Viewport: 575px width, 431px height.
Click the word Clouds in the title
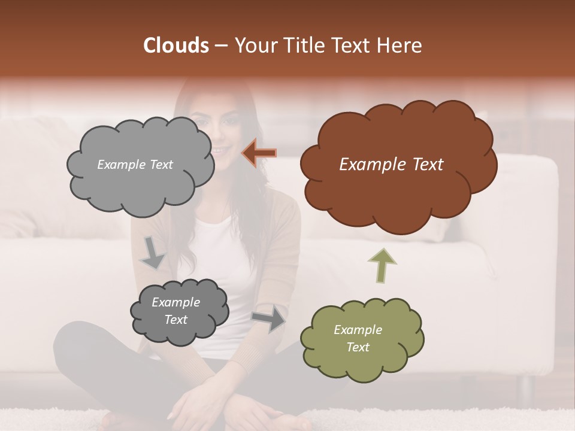pyautogui.click(x=176, y=45)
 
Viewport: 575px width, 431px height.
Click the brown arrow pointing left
pyautogui.click(x=259, y=153)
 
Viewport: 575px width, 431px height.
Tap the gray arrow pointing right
pyautogui.click(x=268, y=318)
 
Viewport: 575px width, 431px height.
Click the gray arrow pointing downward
pyautogui.click(x=152, y=253)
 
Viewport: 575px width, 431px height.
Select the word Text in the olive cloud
pyautogui.click(x=358, y=347)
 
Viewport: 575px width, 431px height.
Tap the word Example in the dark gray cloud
pyautogui.click(x=175, y=302)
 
